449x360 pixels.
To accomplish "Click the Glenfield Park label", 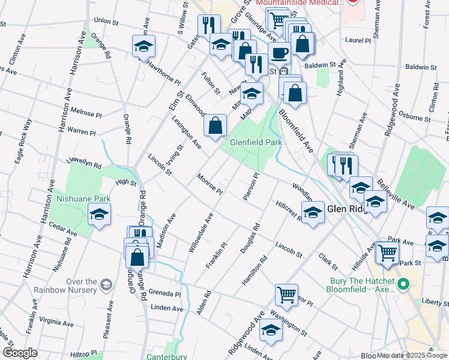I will tap(256, 143).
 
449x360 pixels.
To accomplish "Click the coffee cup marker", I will tap(279, 52).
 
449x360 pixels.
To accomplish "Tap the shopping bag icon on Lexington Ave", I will tap(215, 125).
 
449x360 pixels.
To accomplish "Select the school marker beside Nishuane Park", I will tap(99, 214).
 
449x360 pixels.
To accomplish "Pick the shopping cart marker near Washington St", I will tap(287, 295).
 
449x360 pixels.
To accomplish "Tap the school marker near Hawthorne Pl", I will tap(143, 46).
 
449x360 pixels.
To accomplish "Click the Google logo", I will tap(20, 353).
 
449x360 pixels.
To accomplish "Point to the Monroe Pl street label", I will tap(210, 184).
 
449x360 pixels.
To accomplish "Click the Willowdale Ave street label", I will tap(201, 232).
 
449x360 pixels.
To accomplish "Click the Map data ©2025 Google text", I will tap(412, 355).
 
